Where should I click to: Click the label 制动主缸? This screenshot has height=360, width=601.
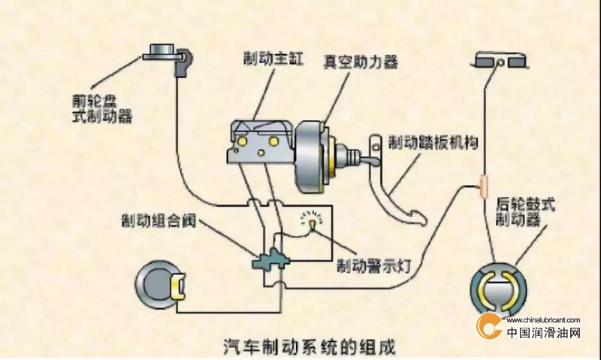(273, 59)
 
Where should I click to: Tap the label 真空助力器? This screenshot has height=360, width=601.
(360, 62)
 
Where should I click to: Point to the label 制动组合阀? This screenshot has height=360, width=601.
(159, 220)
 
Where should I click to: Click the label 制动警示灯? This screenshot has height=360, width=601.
(373, 265)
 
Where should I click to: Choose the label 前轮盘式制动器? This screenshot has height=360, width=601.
(102, 108)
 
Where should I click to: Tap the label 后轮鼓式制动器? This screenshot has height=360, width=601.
(525, 212)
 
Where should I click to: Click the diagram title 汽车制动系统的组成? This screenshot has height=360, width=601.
(309, 346)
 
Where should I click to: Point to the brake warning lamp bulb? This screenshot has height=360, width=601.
(313, 222)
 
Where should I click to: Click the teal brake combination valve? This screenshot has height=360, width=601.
(271, 260)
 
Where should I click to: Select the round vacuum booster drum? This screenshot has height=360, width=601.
(311, 158)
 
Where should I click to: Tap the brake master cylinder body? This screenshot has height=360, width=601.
(261, 141)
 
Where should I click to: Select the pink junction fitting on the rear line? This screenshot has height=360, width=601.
(484, 186)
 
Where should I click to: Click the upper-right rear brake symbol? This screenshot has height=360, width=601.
(500, 61)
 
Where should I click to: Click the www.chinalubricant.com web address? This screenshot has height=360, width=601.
(543, 320)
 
